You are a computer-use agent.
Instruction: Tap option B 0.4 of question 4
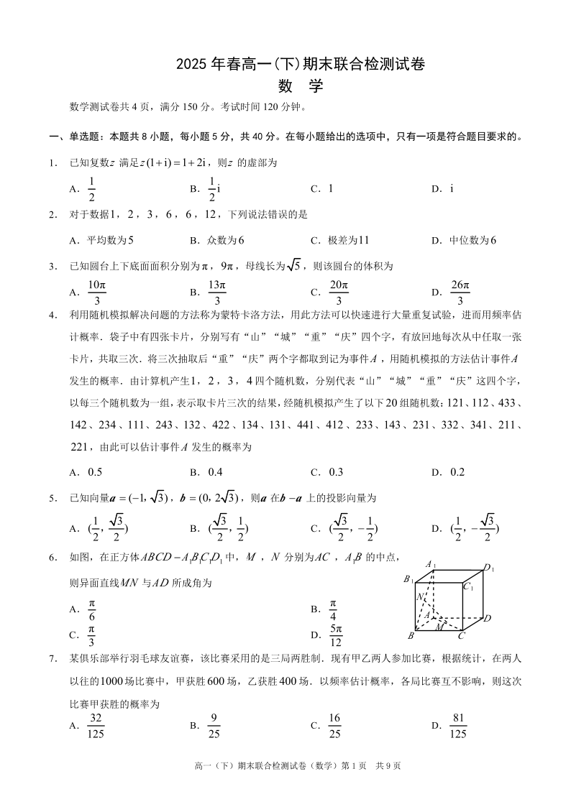click(215, 472)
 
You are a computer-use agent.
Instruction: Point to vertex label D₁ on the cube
click(489, 569)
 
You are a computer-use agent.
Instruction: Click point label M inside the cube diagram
click(439, 627)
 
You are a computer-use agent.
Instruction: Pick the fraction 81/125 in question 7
click(457, 726)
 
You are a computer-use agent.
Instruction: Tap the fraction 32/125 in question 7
click(95, 726)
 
